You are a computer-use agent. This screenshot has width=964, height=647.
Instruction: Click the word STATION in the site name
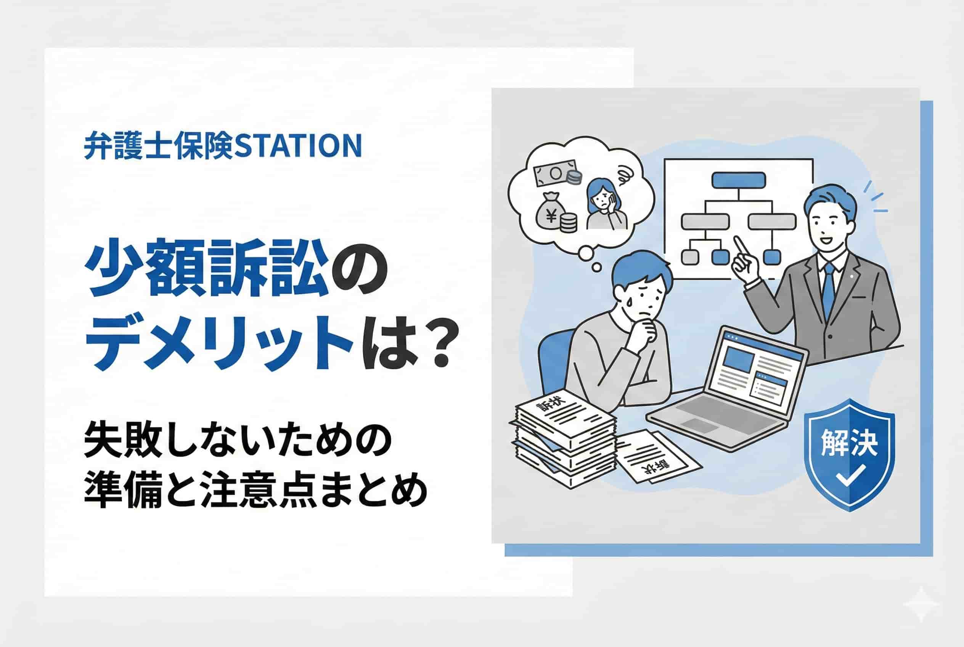(298, 145)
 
